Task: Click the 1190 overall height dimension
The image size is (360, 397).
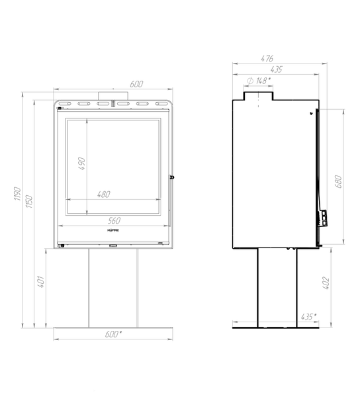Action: [x=17, y=194]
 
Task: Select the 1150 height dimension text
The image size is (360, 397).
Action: [x=29, y=202]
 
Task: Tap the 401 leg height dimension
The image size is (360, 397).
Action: [x=41, y=282]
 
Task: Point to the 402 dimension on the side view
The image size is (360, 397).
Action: [x=326, y=283]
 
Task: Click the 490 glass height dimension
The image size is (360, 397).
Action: [x=81, y=163]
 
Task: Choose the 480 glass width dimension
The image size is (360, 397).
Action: [x=103, y=194]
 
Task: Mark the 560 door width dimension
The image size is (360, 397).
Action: [x=114, y=220]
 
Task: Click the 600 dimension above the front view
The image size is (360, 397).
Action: [x=136, y=84]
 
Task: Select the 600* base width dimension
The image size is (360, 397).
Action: [x=113, y=334]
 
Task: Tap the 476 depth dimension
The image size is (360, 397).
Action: [x=267, y=58]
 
